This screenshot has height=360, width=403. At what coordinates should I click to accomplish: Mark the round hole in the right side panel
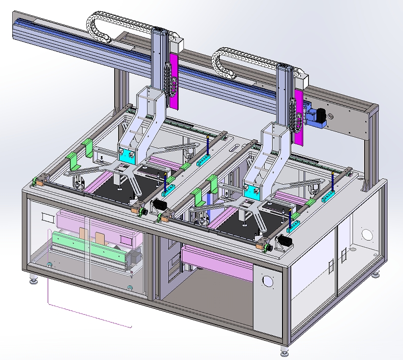point(367,233)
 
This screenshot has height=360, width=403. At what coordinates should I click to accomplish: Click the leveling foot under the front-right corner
point(284,353)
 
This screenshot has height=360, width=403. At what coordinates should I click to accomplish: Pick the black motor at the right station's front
point(284,241)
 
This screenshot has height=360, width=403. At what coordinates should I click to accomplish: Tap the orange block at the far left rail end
point(37,182)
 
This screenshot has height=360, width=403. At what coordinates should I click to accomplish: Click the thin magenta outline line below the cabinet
point(89,316)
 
